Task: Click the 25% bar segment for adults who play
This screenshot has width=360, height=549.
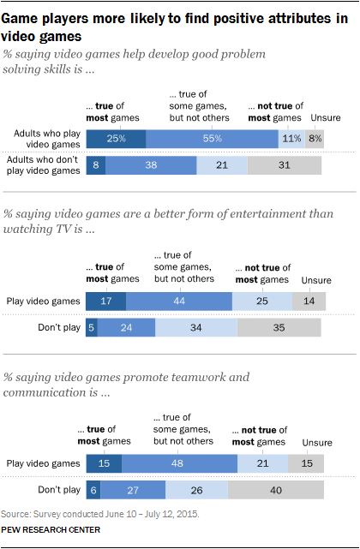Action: [115, 139]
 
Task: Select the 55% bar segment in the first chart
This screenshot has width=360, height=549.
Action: [212, 139]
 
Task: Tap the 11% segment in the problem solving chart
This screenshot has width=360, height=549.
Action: [291, 139]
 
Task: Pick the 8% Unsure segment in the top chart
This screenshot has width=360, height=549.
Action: [315, 139]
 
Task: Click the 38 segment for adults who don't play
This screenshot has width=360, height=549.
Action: [151, 166]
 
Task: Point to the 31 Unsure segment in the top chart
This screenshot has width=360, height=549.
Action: [285, 166]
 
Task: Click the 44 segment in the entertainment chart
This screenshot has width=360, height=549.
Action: [178, 301]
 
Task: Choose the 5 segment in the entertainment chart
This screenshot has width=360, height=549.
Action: [91, 328]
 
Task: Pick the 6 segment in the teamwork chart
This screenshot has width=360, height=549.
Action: [92, 490]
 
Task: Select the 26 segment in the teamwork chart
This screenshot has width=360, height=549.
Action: [197, 490]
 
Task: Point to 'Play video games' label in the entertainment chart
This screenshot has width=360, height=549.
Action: [46, 301]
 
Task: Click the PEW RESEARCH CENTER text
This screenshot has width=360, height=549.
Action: [51, 530]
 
